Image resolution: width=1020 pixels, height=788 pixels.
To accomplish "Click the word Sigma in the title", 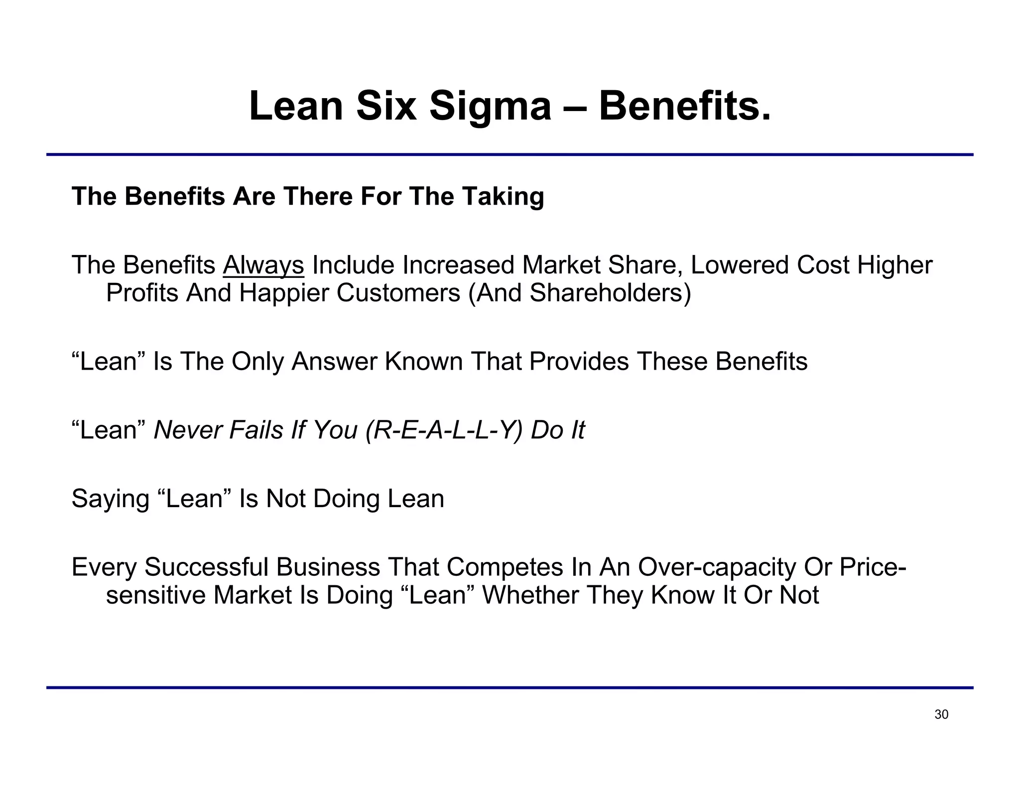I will pos(490,106).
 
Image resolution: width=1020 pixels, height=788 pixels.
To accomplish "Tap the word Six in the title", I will pos(386,106).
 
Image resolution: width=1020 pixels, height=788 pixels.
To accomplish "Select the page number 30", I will pos(941,715).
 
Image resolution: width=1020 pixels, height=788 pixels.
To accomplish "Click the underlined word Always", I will pos(263,265).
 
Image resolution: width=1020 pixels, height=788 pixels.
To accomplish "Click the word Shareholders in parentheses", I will pos(607,292).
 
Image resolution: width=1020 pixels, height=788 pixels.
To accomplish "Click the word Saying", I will pos(111,499).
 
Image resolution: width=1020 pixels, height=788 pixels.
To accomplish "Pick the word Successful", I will pos(207,567).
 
